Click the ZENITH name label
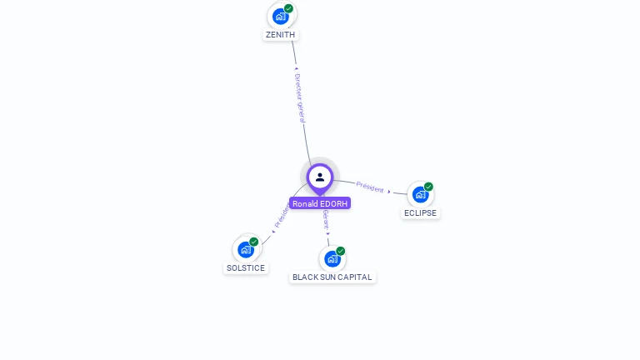click(280, 35)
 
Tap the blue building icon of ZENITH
click(281, 16)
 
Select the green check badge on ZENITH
click(288, 8)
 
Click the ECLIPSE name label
click(420, 212)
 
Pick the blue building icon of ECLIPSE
click(420, 194)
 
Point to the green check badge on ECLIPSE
click(428, 187)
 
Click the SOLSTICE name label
click(246, 268)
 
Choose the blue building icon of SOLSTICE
click(246, 249)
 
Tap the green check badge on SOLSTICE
click(254, 242)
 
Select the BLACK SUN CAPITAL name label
click(332, 277)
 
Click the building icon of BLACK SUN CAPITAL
click(332, 258)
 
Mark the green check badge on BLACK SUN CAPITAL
click(341, 251)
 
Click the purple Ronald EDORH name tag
click(320, 203)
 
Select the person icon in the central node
click(320, 177)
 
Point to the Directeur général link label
click(300, 98)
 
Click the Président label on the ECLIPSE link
click(370, 187)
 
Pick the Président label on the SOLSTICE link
click(282, 215)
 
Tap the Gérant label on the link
click(326, 220)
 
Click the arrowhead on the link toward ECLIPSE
click(389, 192)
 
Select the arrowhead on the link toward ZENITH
click(296, 68)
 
